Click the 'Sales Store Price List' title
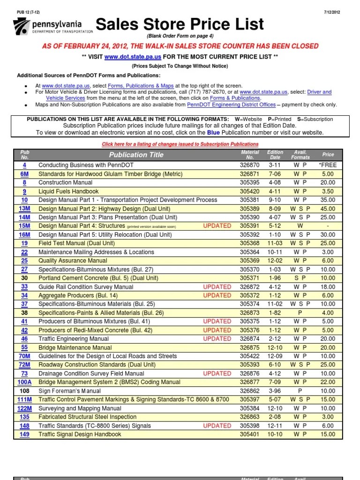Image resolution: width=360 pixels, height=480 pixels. (x=180, y=24)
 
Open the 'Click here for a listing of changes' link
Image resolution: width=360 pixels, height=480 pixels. (x=180, y=144)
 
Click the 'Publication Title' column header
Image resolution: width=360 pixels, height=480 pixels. (x=136, y=155)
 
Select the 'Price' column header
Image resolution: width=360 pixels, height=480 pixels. (x=328, y=155)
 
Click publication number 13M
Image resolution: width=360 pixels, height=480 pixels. (x=24, y=209)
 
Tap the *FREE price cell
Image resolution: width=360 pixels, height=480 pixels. (x=328, y=165)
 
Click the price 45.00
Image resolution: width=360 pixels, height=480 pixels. (x=328, y=209)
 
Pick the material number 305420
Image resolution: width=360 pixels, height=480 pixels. (x=250, y=191)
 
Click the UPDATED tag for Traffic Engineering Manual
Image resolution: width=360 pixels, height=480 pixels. (x=217, y=339)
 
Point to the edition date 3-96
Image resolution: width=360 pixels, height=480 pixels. (x=275, y=391)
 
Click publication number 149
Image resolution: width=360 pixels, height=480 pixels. (x=24, y=435)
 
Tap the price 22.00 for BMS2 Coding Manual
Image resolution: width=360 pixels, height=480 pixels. (x=328, y=382)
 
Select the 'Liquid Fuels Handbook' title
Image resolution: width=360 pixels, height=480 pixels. (x=68, y=191)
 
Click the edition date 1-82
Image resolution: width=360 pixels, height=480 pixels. (x=275, y=313)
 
